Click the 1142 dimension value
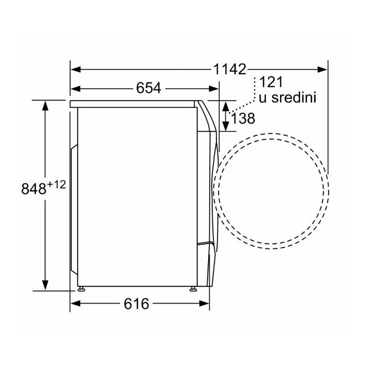click(230, 69)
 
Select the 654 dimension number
click(149, 88)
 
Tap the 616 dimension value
click(136, 304)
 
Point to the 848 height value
click(34, 189)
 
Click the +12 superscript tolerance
click(57, 179)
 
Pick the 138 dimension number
click(243, 118)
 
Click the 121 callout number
click(272, 82)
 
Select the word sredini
click(294, 98)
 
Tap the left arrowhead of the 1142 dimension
click(76, 70)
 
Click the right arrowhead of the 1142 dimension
click(322, 70)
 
